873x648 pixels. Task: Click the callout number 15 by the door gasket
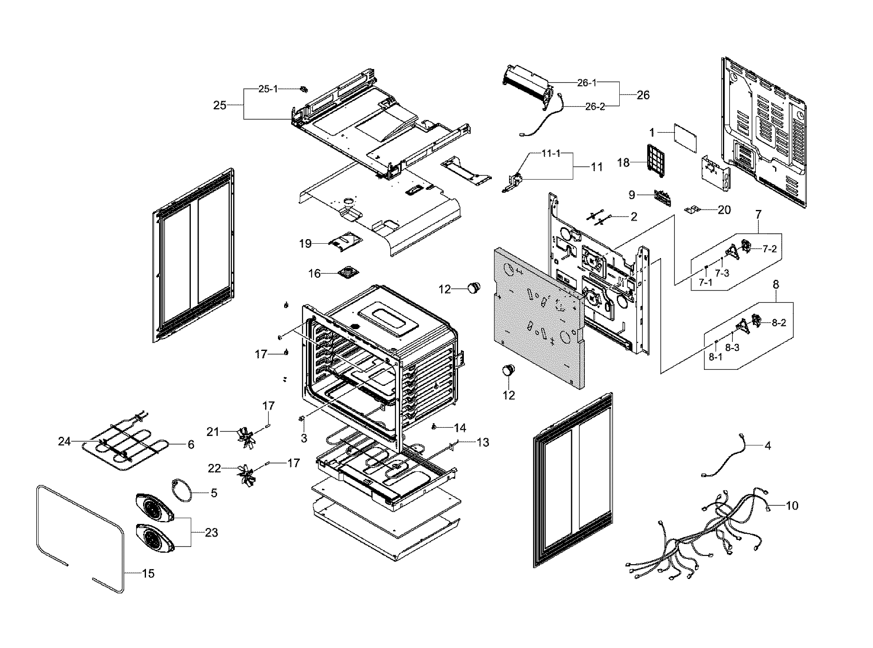coord(148,573)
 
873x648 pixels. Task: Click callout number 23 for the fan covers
coord(211,533)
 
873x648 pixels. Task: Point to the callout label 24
coord(64,442)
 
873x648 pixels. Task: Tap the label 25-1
coord(268,89)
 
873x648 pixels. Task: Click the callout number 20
coord(724,210)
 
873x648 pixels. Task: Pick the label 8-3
coord(732,347)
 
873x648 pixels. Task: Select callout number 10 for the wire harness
coord(792,505)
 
